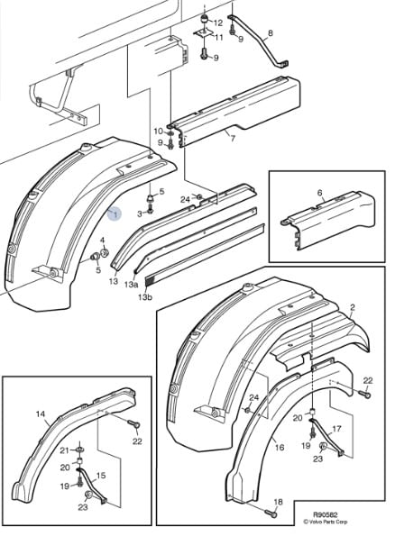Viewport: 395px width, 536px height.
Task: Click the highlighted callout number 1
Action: click(x=115, y=214)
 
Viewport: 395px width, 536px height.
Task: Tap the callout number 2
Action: click(x=353, y=307)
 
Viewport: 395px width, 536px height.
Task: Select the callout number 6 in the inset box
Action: click(x=319, y=193)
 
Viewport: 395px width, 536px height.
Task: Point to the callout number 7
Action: click(x=233, y=139)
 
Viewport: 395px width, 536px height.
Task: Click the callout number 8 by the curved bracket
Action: click(x=271, y=33)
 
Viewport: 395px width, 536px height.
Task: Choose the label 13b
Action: click(x=145, y=297)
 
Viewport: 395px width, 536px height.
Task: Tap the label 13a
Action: click(x=131, y=284)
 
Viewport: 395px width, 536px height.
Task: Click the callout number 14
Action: click(x=41, y=414)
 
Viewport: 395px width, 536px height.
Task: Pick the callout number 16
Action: click(x=280, y=447)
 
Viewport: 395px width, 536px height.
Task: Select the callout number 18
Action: click(x=279, y=502)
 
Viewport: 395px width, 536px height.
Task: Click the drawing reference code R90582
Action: click(x=326, y=514)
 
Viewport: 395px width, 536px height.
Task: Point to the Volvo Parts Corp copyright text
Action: click(x=326, y=522)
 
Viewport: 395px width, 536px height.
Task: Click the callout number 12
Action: click(x=218, y=23)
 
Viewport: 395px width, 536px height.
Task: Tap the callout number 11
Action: click(x=219, y=37)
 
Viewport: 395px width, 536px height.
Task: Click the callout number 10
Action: click(x=158, y=132)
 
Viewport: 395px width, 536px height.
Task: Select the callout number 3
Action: click(x=140, y=214)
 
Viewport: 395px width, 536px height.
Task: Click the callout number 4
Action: click(x=102, y=241)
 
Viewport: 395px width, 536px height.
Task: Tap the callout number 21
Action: click(x=65, y=450)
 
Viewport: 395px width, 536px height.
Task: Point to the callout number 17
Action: click(x=336, y=428)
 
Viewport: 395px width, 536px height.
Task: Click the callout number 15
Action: click(x=101, y=476)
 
